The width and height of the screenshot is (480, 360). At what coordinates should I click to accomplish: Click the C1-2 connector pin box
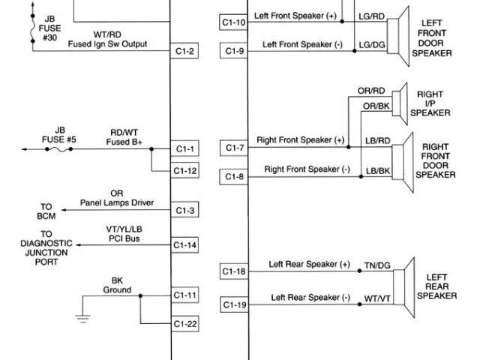point(184,52)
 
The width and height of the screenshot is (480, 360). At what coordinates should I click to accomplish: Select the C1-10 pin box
point(234,22)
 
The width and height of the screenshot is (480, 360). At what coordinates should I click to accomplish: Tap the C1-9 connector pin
point(234,52)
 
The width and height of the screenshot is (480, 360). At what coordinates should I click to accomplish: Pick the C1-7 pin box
point(234,148)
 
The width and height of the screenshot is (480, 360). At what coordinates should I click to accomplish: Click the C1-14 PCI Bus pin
point(184,245)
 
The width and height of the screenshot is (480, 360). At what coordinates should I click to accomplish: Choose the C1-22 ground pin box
point(184,324)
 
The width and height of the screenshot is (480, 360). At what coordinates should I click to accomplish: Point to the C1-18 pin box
point(234,271)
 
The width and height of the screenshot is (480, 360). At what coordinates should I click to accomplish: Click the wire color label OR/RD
point(372,91)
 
